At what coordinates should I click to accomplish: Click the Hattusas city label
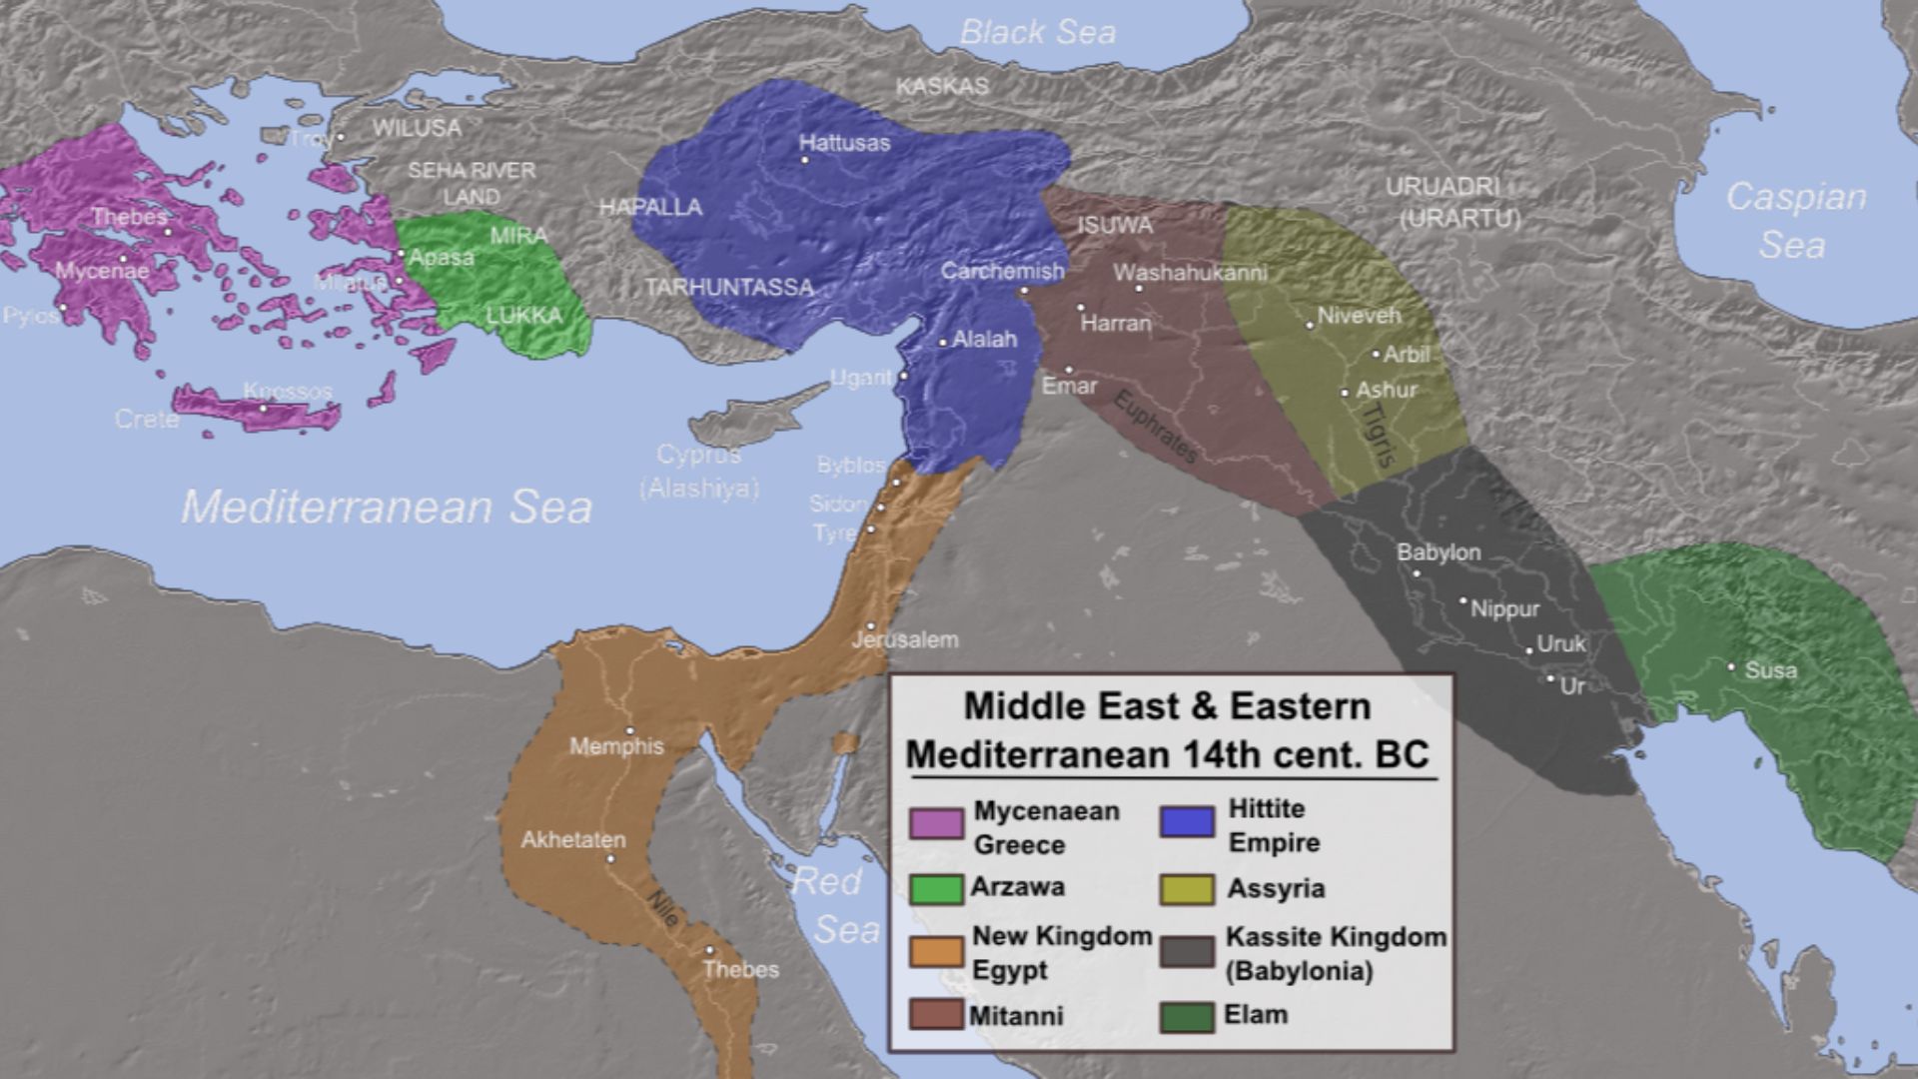(x=844, y=143)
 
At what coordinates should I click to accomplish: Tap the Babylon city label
(x=1438, y=552)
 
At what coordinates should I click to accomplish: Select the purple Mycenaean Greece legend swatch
(x=936, y=823)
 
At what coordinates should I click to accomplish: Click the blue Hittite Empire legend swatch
(x=1187, y=821)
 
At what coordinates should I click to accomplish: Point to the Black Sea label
(x=1037, y=32)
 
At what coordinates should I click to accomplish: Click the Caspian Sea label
(x=1795, y=220)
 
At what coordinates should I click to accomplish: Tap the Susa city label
(x=1770, y=670)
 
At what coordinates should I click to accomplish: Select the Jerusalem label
(x=905, y=639)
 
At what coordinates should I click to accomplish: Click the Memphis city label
(x=616, y=746)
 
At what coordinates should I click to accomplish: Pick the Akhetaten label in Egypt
(x=573, y=840)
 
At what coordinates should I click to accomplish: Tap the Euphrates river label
(x=1156, y=426)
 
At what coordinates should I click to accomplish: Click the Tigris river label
(x=1379, y=435)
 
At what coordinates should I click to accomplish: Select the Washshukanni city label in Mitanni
(x=1190, y=273)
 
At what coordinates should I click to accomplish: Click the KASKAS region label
(x=942, y=87)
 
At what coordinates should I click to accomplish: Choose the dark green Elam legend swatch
(x=1187, y=1017)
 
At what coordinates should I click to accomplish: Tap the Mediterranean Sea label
(x=387, y=508)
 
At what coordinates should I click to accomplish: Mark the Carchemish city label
(x=1002, y=272)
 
